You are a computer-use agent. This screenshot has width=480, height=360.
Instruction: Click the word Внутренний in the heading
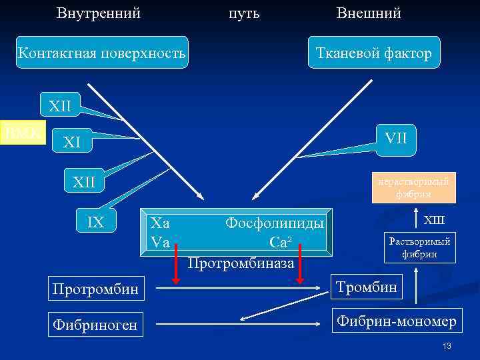[99, 13]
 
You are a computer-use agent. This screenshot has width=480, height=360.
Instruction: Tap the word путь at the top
[244, 13]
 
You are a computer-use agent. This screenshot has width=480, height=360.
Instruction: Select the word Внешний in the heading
[369, 13]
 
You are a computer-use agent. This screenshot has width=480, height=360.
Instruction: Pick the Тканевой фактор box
[374, 53]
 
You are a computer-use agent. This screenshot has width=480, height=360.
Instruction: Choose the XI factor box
[71, 141]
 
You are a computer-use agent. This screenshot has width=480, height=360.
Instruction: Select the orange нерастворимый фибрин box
[413, 187]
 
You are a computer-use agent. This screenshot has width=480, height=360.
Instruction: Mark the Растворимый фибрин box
[419, 247]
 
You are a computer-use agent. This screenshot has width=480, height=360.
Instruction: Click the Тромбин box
[367, 287]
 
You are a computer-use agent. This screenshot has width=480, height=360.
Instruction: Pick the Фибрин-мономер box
[396, 323]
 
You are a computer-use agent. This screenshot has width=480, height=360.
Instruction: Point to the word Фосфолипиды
[275, 223]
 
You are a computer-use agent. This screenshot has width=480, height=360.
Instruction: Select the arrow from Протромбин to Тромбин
[240, 288]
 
